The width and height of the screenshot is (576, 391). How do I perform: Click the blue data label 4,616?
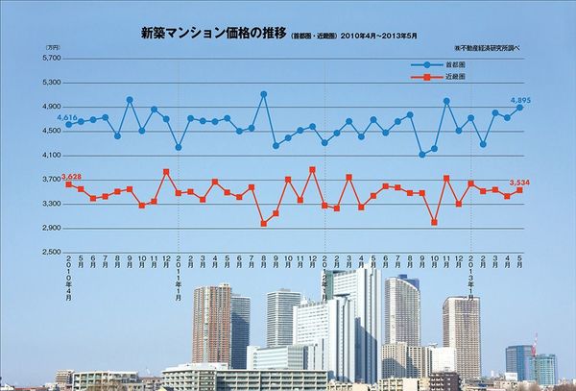(66, 117)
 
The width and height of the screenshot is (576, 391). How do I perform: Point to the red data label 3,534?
(519, 182)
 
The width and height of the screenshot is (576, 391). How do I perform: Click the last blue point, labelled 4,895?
(519, 108)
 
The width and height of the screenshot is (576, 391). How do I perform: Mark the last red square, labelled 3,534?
(519, 190)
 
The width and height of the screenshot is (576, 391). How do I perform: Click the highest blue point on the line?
(263, 94)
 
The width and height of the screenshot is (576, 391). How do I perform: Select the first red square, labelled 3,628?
(69, 184)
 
